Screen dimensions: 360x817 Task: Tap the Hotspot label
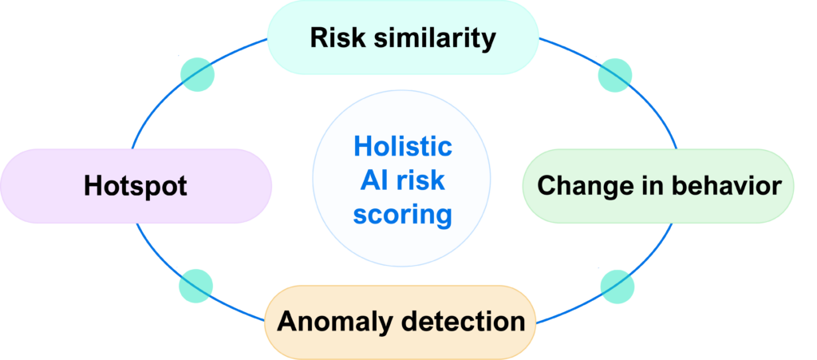tap(136, 187)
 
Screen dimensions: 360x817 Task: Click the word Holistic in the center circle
tap(403, 147)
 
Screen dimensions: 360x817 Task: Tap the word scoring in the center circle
tap(403, 215)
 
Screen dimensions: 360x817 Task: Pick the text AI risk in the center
tap(403, 181)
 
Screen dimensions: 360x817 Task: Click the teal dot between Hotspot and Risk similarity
tap(197, 74)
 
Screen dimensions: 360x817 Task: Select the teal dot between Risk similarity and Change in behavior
tap(615, 74)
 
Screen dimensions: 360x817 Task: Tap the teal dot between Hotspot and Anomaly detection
tap(196, 286)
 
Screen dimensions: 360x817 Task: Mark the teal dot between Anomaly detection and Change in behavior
tap(617, 286)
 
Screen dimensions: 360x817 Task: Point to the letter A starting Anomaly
tap(286, 322)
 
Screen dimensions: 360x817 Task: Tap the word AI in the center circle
tap(373, 181)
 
